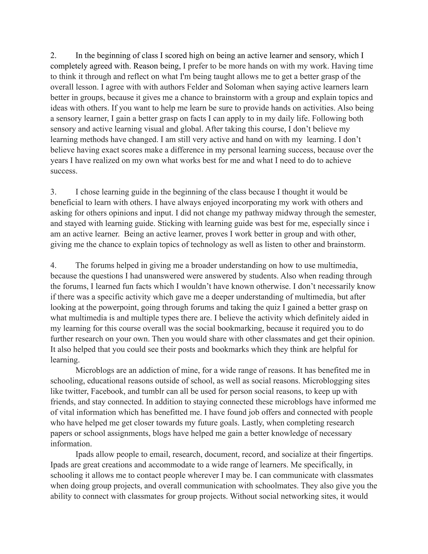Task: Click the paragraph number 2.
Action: point(53,56)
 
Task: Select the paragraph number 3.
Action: point(53,192)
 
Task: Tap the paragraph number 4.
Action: point(53,266)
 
